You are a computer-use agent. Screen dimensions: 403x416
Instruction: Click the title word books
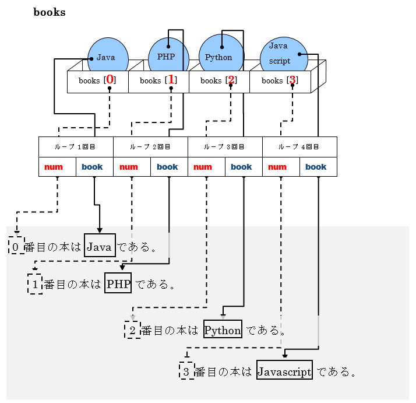coord(50,12)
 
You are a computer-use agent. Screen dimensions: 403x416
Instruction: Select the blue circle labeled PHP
coord(168,55)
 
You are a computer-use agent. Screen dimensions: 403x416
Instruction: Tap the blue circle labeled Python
coord(221,55)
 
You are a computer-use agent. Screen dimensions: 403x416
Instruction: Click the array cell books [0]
coord(97,81)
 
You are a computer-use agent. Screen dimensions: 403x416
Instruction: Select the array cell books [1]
coord(158,81)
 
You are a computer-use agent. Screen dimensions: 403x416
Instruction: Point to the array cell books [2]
coord(219,81)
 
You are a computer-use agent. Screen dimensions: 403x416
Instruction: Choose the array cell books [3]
coord(280,81)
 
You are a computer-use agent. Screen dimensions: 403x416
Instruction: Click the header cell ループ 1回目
coord(76,147)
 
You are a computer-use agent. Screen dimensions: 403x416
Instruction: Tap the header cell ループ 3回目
coord(225,147)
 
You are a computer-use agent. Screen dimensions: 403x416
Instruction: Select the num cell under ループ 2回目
coord(132,167)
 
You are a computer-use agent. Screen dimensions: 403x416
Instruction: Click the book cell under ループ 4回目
coord(318,167)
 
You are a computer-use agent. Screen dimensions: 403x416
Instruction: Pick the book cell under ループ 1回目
coord(94,167)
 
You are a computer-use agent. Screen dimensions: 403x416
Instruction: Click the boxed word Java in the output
coord(99,247)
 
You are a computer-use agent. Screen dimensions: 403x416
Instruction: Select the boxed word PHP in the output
coord(118,285)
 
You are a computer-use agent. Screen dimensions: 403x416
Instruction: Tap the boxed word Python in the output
coord(223,330)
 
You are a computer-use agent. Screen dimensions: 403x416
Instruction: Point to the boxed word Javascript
coord(284,372)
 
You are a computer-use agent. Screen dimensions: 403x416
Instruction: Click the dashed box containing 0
coord(16,247)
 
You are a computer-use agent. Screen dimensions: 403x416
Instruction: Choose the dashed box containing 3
coord(186,371)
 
